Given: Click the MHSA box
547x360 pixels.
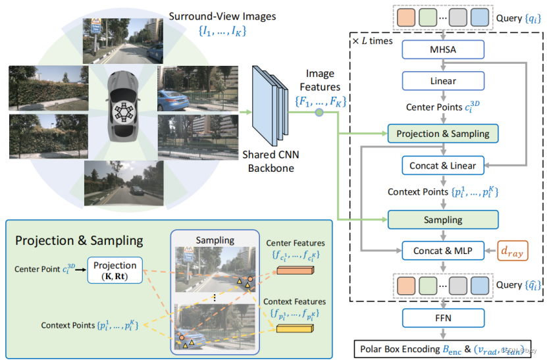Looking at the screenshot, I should click(443, 49).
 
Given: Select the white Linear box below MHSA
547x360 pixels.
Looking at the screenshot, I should click(443, 81).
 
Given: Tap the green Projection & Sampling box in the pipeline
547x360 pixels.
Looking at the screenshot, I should click(443, 134).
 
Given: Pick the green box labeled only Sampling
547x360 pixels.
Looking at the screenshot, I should click(443, 219).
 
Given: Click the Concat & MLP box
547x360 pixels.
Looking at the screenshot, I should click(443, 250).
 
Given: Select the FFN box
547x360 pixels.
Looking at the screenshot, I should click(443, 318).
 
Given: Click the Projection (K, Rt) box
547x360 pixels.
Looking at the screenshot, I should click(115, 270).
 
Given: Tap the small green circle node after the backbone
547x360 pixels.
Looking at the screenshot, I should click(319, 113).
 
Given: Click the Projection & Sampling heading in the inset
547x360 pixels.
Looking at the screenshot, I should click(80, 240).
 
